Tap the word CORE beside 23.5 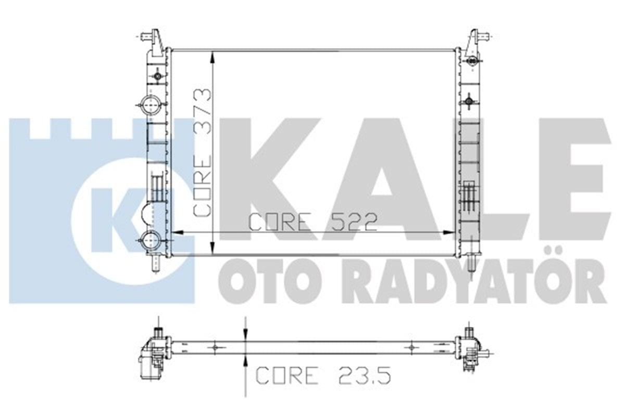coord(287,375)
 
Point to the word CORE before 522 coord(280,223)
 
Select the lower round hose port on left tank coord(151,240)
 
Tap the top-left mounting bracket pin coord(146,36)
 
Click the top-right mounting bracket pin coord(484,36)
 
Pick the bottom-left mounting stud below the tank coord(156,263)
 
